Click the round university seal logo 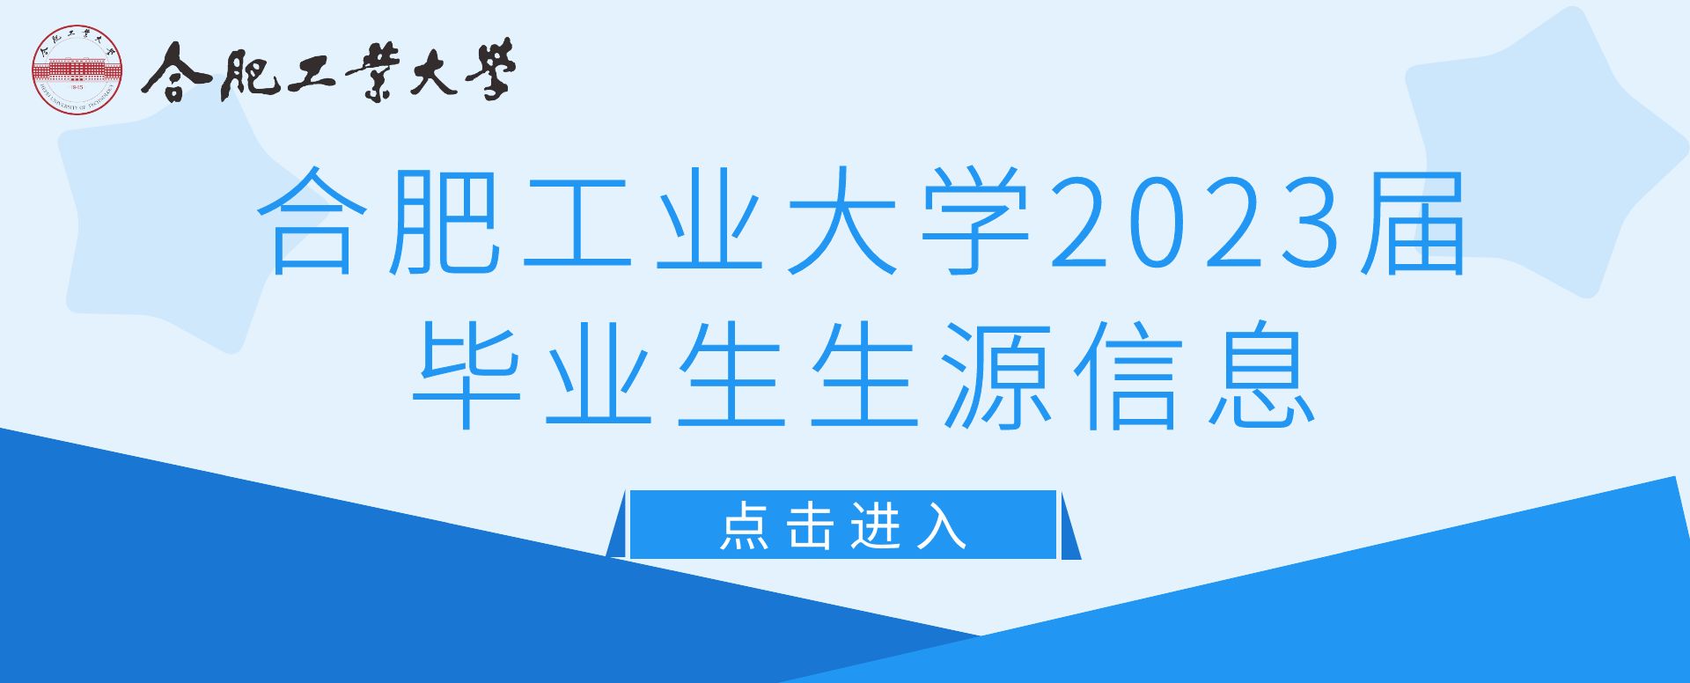tap(77, 70)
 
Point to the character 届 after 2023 tap(1414, 221)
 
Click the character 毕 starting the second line tap(467, 375)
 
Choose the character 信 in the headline tap(1129, 375)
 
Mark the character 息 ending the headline tap(1262, 375)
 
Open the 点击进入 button tap(843, 525)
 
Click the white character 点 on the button tap(744, 526)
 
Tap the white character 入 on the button tap(941, 526)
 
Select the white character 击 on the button tap(810, 526)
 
